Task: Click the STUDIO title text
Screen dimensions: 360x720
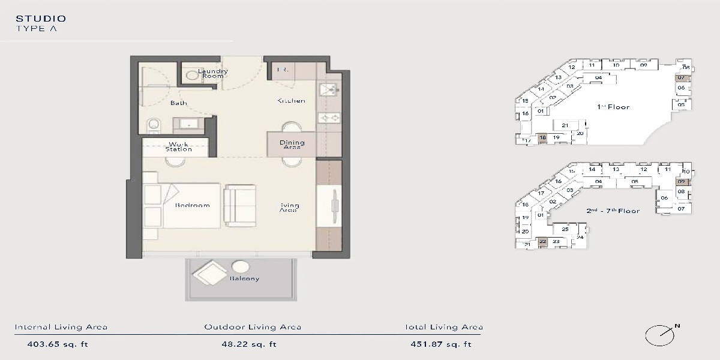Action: point(41,19)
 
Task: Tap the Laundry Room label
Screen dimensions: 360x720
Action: point(213,74)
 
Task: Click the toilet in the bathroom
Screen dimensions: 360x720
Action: point(153,125)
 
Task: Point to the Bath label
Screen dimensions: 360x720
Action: point(178,103)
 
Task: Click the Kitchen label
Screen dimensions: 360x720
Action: point(291,101)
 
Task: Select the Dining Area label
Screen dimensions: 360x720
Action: point(292,145)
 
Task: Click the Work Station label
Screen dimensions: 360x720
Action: point(178,146)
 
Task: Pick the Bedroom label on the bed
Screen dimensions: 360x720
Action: point(193,206)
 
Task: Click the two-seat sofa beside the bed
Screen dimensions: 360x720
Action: point(240,205)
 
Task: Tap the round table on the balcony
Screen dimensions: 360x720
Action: point(241,267)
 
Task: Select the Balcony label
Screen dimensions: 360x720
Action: point(244,278)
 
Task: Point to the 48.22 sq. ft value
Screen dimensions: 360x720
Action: point(249,344)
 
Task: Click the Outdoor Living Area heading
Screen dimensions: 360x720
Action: point(253,327)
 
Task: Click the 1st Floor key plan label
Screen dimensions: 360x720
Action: point(613,107)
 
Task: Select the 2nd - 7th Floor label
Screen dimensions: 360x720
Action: point(613,211)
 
